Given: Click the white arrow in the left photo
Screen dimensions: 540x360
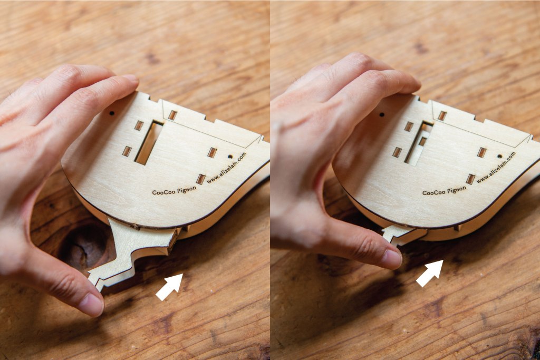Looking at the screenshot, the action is click(x=169, y=286).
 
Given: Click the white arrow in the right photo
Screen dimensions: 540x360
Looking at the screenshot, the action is click(x=430, y=273).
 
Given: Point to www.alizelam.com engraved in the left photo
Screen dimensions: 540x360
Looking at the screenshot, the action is click(x=227, y=168).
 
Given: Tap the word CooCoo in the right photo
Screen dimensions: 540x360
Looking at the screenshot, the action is click(x=433, y=192).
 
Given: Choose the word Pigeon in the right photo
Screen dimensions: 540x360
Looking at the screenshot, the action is click(x=456, y=189).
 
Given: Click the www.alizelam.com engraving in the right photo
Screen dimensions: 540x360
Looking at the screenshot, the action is click(x=496, y=168).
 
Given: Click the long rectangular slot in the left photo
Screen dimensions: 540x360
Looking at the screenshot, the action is click(x=149, y=142).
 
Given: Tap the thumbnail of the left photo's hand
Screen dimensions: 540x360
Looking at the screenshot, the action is click(x=91, y=304).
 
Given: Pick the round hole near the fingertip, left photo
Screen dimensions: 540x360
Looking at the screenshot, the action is click(x=112, y=113).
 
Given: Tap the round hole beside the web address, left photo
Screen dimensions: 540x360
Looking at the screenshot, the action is click(x=230, y=157).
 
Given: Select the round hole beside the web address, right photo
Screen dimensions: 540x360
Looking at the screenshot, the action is click(x=499, y=156).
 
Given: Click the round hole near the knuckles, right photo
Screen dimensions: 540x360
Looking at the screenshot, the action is click(x=382, y=114).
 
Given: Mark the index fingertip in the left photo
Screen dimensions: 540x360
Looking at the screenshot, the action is click(x=130, y=80).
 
